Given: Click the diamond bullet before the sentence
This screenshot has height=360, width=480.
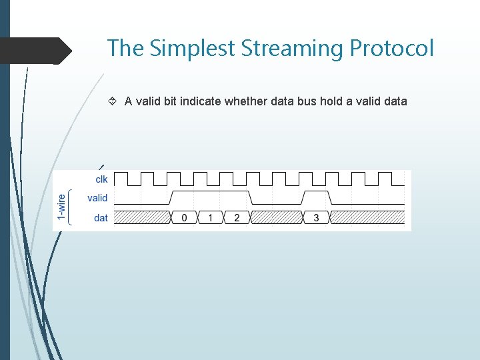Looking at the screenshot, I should pos(113,101).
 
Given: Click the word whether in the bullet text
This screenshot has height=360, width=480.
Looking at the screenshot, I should pos(245,101).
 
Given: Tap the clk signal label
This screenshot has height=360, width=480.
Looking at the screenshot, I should pos(101,179).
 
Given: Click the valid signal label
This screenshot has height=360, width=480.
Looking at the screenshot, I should pos(97,198).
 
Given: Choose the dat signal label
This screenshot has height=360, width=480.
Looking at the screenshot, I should pos(101,218).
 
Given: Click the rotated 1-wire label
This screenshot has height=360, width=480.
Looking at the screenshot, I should pos(62,207).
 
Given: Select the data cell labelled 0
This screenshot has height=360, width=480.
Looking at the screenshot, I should pos(185,218).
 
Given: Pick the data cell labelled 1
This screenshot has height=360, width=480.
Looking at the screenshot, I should pos(211,218).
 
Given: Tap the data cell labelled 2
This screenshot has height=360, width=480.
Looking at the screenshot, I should pos(237,218).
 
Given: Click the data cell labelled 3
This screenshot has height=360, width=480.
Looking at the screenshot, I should pos(316,218).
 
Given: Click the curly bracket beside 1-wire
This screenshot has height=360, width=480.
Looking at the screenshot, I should pos(71,207).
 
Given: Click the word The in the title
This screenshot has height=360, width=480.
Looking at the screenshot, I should pos(125,48).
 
